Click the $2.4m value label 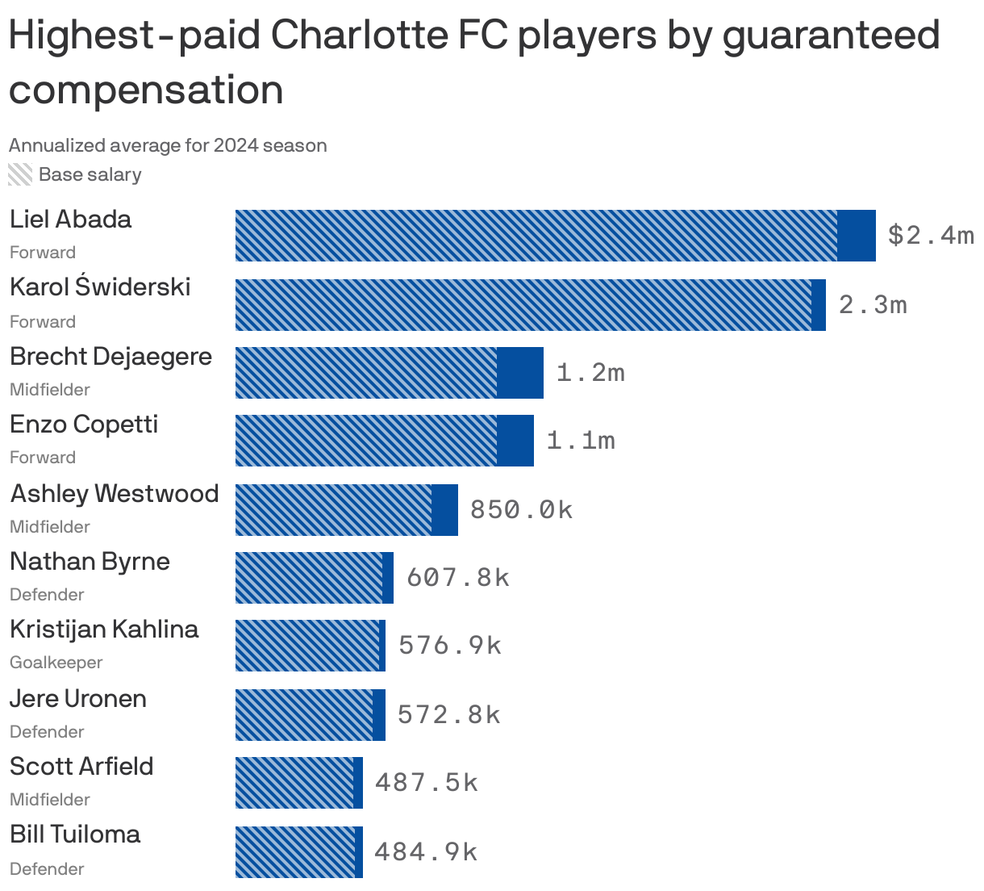pos(930,235)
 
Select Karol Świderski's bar pos(530,304)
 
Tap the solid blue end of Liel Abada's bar pos(857,235)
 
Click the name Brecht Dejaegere pos(110,356)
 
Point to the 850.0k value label pos(521,509)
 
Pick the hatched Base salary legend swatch pos(20,174)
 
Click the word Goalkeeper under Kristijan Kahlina pos(56,663)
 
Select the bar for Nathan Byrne pos(314,578)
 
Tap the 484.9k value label pos(426,851)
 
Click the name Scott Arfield pos(81,766)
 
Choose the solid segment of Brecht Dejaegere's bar pos(520,372)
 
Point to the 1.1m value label pos(581,440)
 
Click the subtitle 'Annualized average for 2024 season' pos(168,145)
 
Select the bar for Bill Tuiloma pos(298,851)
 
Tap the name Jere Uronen pos(78,698)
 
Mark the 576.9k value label pos(450,645)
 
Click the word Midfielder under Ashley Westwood pos(50,527)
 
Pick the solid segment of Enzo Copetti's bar pos(515,440)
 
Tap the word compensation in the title pos(146,89)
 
